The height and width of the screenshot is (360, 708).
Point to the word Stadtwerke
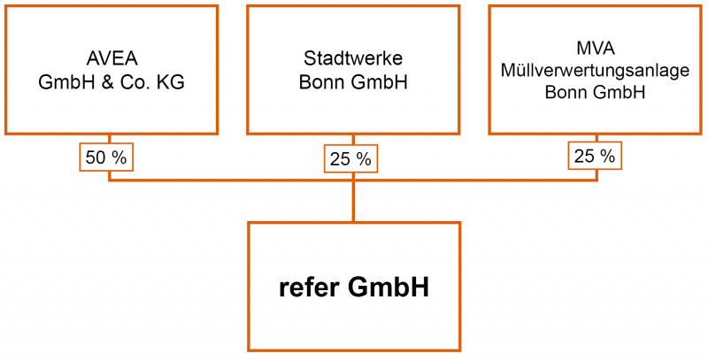[x=353, y=59]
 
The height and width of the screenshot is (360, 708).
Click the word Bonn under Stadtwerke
[x=318, y=83]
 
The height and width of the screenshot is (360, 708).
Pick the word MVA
[x=596, y=49]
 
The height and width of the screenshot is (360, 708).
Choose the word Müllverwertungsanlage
[x=595, y=71]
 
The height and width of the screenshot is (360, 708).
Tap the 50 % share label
[x=106, y=157]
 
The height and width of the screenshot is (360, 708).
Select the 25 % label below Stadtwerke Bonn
[x=350, y=159]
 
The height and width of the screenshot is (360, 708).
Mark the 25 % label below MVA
[x=595, y=156]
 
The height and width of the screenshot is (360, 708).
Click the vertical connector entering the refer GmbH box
[x=353, y=201]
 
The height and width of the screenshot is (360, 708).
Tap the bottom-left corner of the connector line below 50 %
[x=109, y=180]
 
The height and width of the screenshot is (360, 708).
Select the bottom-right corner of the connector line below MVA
[x=597, y=180]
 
